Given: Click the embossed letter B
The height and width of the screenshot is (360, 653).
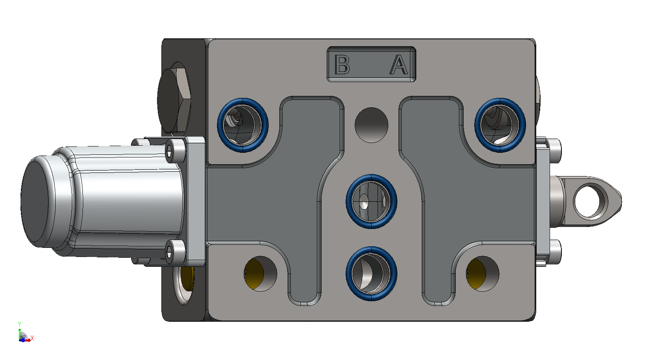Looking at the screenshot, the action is coord(342,64).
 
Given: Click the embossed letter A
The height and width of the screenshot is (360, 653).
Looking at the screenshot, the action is coord(399,64).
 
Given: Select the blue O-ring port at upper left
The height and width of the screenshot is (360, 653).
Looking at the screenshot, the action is coord(243,125).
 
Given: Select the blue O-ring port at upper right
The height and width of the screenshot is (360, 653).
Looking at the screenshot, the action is coord(500,125).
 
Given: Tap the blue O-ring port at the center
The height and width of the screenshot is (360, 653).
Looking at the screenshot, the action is coord(371,201).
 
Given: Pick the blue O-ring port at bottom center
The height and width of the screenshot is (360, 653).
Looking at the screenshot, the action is coord(371,274).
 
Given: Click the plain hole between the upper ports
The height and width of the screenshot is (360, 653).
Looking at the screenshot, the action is coord(371,125).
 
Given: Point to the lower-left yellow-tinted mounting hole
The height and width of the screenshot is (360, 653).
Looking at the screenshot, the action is coord(260,274).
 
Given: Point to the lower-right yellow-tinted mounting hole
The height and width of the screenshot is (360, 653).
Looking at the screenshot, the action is coord(483,274).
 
